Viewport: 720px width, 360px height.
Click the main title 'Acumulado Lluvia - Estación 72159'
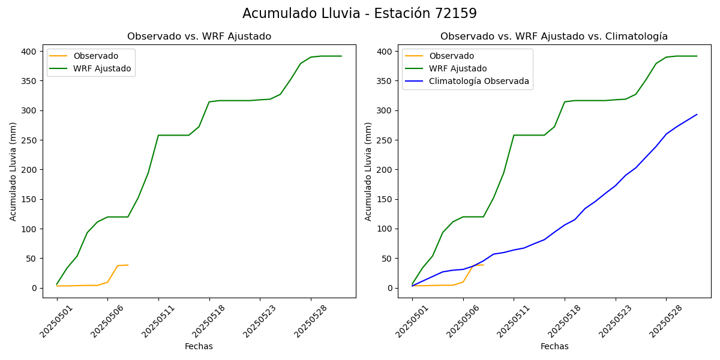(x=359, y=13)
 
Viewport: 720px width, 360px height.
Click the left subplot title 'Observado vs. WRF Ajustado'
(x=199, y=37)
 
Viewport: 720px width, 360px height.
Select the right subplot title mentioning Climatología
(x=554, y=37)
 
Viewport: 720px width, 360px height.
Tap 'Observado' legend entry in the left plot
(x=95, y=56)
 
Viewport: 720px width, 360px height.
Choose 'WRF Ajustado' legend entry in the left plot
(x=102, y=68)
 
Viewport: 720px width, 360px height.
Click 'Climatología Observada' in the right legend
(x=479, y=81)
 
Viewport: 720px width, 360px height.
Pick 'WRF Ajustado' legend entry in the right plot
(x=458, y=68)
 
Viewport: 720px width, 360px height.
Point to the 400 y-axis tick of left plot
(x=29, y=52)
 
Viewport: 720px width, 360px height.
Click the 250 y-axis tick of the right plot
(x=385, y=140)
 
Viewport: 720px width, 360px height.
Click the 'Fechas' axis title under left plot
(x=199, y=346)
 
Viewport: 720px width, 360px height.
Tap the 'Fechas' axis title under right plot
(x=554, y=346)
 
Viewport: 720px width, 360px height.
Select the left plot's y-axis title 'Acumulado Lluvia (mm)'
(x=13, y=172)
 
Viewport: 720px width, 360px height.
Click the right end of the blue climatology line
(x=697, y=115)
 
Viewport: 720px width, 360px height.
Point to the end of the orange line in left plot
(x=128, y=265)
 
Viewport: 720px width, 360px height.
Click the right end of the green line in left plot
(x=341, y=56)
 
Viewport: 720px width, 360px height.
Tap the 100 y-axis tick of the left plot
(x=29, y=229)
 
